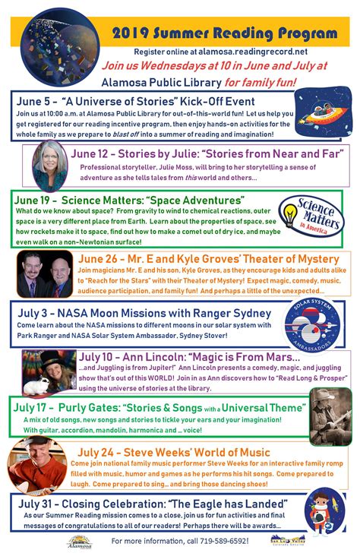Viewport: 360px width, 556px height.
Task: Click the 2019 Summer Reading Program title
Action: pyautogui.click(x=224, y=34)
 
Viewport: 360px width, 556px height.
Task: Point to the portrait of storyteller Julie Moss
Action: pyautogui.click(x=51, y=166)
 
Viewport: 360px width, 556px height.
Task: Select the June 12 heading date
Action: pyautogui.click(x=90, y=153)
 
